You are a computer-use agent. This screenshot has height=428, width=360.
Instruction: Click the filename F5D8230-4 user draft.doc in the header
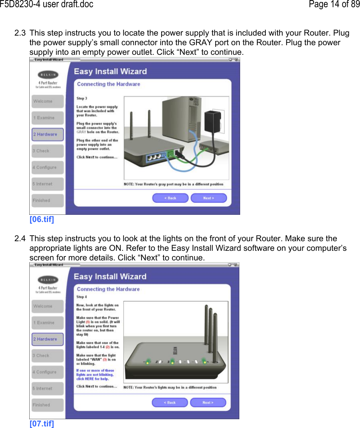[x=47, y=4]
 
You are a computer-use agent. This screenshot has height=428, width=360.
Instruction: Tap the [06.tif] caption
[x=42, y=219]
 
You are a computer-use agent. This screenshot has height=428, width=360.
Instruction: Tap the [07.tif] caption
[x=42, y=424]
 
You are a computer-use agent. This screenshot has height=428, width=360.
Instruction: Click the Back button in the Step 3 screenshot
[x=170, y=198]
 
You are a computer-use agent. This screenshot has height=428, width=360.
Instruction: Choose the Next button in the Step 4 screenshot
[x=208, y=402]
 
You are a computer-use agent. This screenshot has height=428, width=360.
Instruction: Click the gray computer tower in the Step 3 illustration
[x=178, y=120]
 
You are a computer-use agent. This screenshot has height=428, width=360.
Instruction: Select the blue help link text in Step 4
[x=95, y=374]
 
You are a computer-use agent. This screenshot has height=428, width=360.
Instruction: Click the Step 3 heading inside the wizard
[x=82, y=98]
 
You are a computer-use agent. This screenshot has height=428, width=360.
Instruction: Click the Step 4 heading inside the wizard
[x=81, y=297]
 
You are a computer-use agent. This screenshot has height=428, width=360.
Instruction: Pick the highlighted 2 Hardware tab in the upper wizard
[x=47, y=134]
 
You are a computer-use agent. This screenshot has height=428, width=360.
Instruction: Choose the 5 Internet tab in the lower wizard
[x=47, y=388]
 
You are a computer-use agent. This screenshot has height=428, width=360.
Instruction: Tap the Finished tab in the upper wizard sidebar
[x=47, y=200]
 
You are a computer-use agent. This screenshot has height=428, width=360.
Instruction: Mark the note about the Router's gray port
[x=173, y=184]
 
